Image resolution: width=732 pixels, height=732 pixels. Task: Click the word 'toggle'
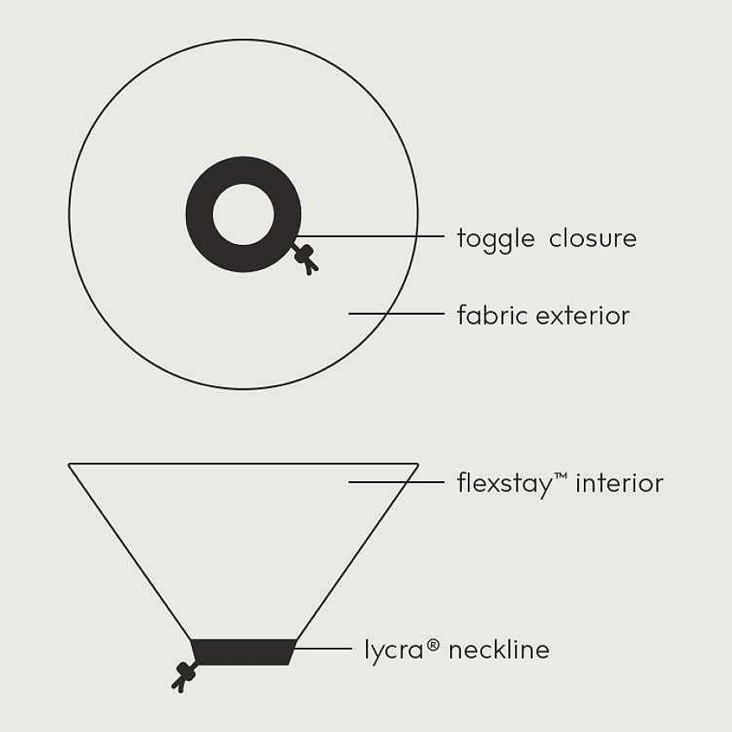(496, 240)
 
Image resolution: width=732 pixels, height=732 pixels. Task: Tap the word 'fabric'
(492, 315)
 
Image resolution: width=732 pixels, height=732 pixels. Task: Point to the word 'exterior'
(583, 316)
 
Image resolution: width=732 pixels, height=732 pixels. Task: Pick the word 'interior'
(619, 483)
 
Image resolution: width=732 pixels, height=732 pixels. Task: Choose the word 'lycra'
(394, 650)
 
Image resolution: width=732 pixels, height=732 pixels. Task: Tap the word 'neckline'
(499, 649)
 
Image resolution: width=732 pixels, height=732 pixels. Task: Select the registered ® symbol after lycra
(432, 645)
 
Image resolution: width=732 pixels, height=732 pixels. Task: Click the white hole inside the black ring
(244, 215)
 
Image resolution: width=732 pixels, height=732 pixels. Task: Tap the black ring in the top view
(199, 215)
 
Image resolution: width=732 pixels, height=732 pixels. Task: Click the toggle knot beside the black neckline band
(184, 676)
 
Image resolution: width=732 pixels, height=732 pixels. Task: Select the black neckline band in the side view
(244, 652)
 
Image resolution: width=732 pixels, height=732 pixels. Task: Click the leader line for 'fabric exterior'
(396, 314)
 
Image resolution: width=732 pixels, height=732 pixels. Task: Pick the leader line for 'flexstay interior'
(396, 482)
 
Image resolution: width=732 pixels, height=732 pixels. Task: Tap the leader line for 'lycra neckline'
(324, 649)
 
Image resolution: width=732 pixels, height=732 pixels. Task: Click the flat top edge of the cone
(243, 464)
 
